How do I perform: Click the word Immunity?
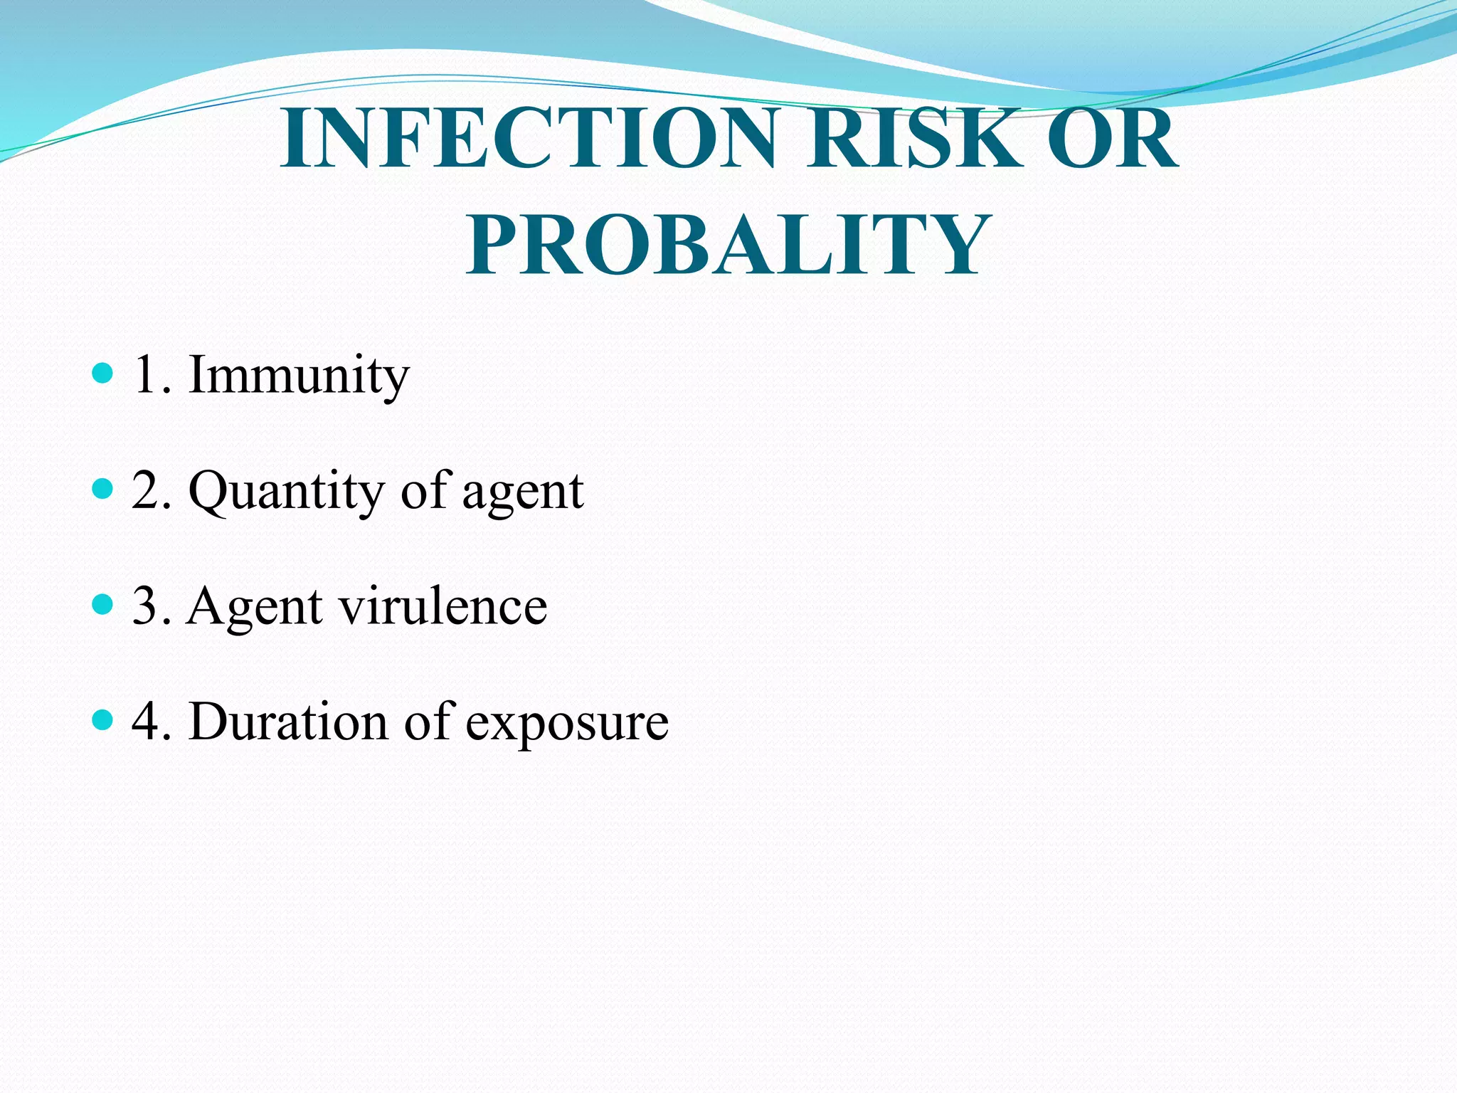point(299,375)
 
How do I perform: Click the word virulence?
point(443,606)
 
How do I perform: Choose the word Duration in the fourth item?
point(289,722)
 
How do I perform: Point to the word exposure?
point(567,723)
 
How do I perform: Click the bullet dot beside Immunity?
point(103,373)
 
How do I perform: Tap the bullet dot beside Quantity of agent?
point(103,489)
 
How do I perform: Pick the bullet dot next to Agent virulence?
point(103,605)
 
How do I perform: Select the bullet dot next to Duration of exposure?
point(103,720)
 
